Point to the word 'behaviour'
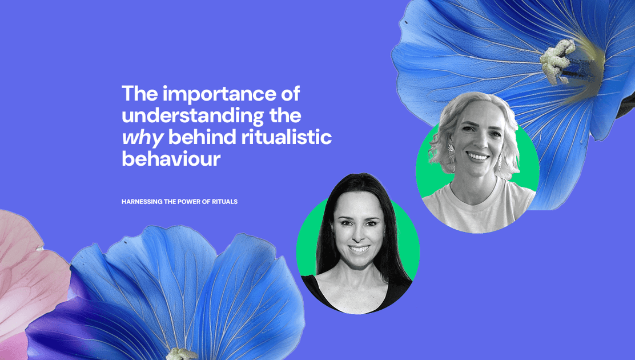point(171,159)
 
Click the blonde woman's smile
point(477,156)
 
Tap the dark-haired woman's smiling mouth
point(359,249)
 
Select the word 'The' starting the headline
point(139,93)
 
